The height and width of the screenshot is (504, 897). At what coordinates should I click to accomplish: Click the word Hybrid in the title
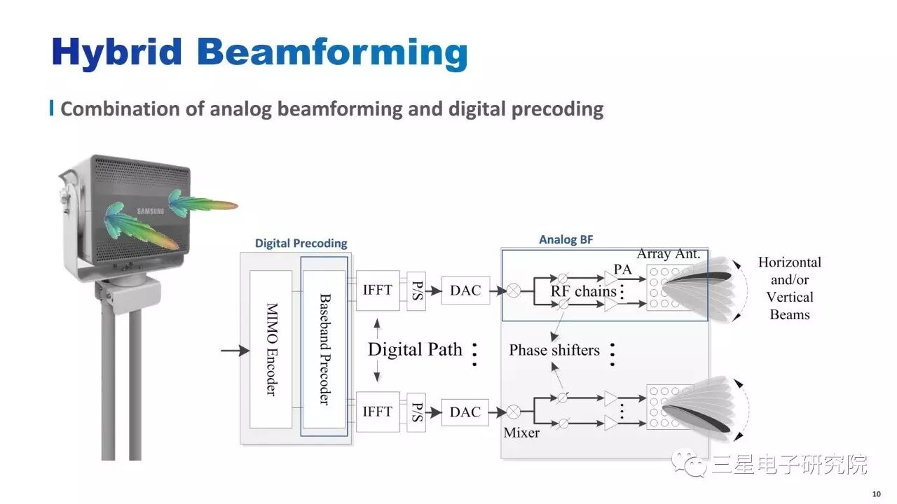tap(117, 52)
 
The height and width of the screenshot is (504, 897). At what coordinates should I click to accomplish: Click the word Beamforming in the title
tap(331, 53)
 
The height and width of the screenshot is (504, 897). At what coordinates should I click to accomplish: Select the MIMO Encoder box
tap(271, 349)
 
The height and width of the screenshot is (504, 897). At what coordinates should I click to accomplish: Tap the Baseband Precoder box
tap(324, 349)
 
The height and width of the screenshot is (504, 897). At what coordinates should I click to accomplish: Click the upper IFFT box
tap(377, 290)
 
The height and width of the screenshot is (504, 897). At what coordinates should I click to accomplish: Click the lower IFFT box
tap(377, 412)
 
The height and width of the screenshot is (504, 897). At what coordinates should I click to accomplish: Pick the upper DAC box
tap(465, 290)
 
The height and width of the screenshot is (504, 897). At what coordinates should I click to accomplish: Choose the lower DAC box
tap(465, 412)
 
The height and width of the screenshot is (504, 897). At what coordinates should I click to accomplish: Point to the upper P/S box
tap(416, 290)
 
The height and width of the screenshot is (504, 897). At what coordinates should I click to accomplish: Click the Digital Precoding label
tap(301, 244)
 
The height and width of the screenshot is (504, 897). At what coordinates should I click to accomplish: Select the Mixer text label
tap(521, 433)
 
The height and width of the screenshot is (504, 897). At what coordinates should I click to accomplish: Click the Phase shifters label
tap(554, 350)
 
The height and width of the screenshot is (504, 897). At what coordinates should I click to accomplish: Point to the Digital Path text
tap(415, 349)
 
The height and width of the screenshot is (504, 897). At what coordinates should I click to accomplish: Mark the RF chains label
tap(583, 291)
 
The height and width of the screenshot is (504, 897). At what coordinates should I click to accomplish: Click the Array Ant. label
tap(668, 253)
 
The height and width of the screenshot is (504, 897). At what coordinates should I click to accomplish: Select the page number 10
tap(876, 492)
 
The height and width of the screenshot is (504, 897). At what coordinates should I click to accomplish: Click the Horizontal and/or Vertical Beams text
tap(790, 288)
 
